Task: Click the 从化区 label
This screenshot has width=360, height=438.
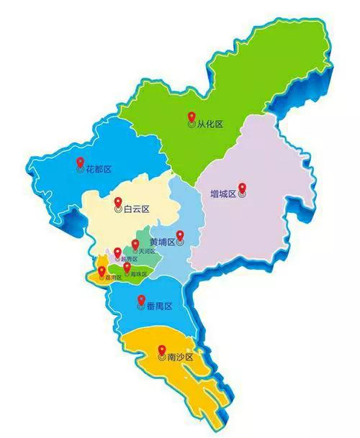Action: pos(210,124)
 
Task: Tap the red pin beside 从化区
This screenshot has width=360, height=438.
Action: pos(191,117)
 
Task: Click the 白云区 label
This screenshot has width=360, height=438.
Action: pos(135,209)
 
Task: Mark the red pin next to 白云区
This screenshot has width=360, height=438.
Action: pos(117,204)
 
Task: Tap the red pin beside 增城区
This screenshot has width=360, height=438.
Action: pos(242,189)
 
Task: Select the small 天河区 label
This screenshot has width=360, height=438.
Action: pos(145,251)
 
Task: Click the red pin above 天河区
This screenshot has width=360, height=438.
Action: pos(135,245)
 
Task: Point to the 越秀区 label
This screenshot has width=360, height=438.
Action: pos(127,259)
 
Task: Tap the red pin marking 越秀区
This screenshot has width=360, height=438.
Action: pos(117,252)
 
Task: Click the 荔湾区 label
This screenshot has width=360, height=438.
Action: pos(112,278)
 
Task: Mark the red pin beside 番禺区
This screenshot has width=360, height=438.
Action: pos(140,301)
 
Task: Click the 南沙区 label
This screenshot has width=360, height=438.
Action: pos(179,357)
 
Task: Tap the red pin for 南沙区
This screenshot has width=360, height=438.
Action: pos(161,351)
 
